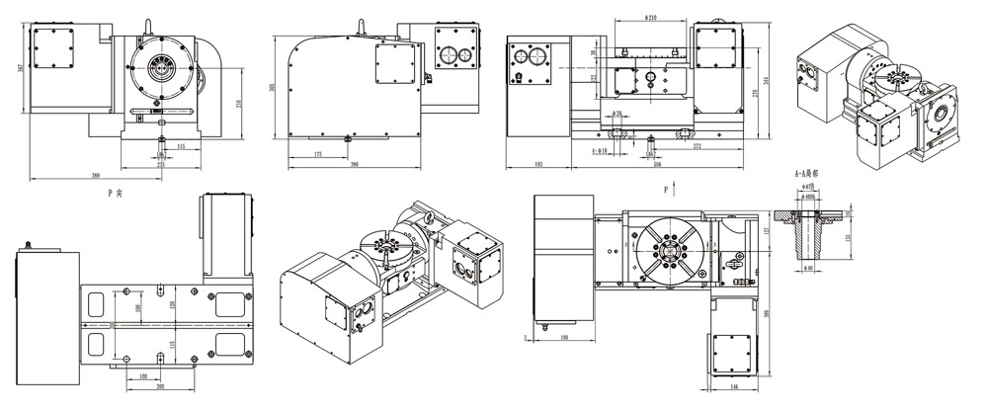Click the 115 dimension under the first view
tap(180, 145)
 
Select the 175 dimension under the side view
tap(316, 155)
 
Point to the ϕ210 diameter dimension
tap(650, 19)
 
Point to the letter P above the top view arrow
tap(667, 185)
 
